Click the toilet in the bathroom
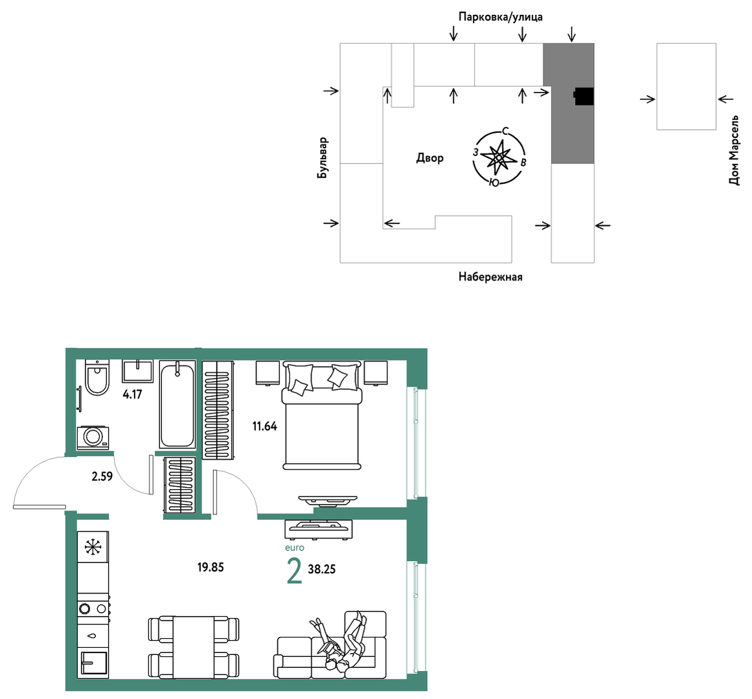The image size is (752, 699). (x=97, y=378)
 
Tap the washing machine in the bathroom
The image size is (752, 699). (x=93, y=437)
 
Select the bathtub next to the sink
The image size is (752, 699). (x=177, y=405)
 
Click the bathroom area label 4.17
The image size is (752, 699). (x=132, y=395)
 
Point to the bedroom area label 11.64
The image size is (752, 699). (x=265, y=426)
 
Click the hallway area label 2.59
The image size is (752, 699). (x=102, y=476)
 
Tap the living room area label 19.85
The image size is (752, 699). (x=211, y=567)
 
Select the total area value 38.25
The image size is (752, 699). (x=322, y=569)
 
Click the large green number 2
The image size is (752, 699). (x=295, y=571)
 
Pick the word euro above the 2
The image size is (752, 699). (x=295, y=547)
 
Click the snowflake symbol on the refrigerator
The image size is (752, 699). (x=93, y=547)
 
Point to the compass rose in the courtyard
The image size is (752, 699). (x=499, y=157)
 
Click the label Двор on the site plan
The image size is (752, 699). (x=429, y=158)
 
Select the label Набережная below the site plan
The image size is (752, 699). (x=490, y=277)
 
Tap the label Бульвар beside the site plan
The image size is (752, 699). (x=323, y=158)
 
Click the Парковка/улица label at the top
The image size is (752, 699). (x=500, y=17)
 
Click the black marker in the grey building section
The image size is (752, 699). (x=584, y=97)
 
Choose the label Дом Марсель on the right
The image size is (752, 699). (x=734, y=150)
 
